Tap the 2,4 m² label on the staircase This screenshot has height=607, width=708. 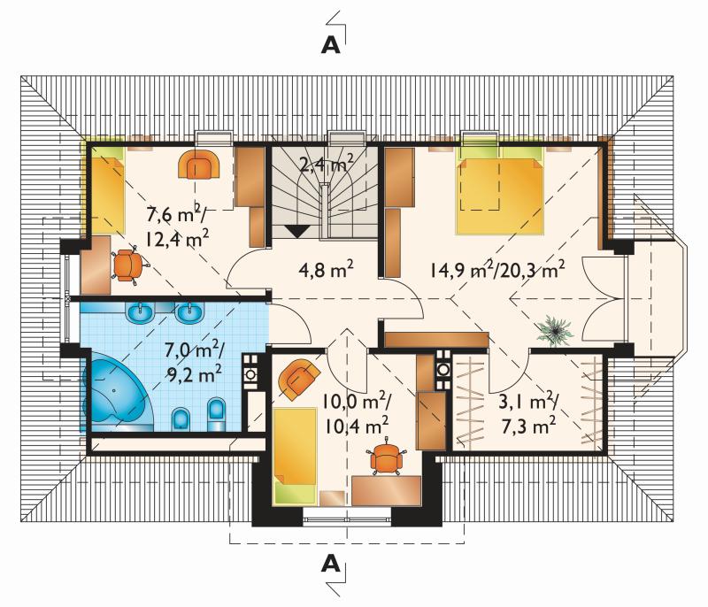tap(326, 164)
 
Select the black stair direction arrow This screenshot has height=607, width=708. tap(297, 231)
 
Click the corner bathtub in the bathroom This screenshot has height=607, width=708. tap(119, 391)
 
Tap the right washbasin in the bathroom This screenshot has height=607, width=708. tap(190, 312)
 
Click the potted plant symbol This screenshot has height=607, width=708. tap(555, 330)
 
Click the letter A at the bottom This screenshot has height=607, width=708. tap(330, 564)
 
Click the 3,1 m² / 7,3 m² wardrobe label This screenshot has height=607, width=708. tap(527, 413)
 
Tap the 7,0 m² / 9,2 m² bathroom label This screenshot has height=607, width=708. tap(193, 362)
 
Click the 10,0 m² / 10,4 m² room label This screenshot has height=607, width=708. tap(357, 413)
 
